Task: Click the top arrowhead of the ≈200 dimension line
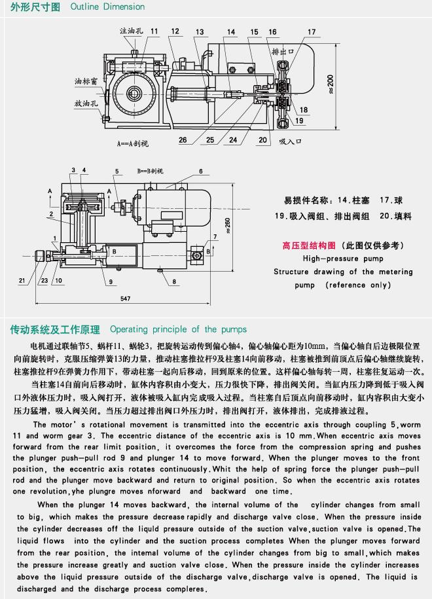tap(336, 45)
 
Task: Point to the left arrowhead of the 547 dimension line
tap(36, 304)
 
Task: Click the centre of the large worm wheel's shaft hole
tap(134, 93)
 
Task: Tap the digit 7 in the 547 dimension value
tap(129, 299)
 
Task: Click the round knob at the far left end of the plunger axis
tap(39, 255)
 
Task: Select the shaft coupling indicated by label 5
tap(122, 207)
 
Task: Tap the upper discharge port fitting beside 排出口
tap(282, 77)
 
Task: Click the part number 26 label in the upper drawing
tap(183, 140)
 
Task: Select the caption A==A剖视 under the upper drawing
tap(132, 143)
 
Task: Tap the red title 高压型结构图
tap(309, 245)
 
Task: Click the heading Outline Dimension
tap(107, 7)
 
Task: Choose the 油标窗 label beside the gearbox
tap(86, 81)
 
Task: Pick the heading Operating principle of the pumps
tap(179, 329)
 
